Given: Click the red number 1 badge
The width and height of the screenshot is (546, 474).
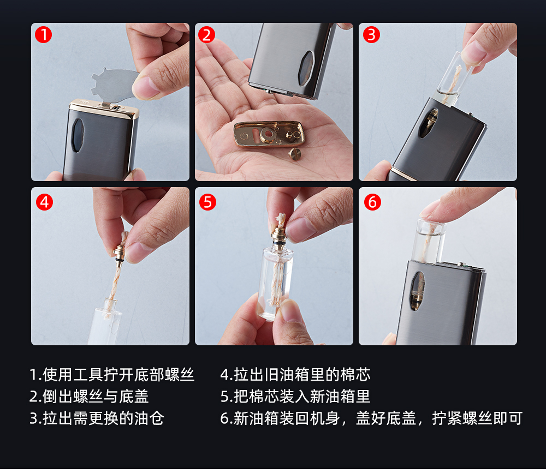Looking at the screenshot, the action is click(44, 35).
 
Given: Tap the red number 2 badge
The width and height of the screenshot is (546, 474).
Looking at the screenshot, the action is click(207, 35).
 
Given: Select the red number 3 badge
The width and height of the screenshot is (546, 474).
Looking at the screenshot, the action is click(371, 35).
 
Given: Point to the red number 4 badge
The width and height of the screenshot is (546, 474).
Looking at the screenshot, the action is click(45, 202).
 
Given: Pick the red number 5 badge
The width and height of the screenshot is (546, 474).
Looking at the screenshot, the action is click(208, 202).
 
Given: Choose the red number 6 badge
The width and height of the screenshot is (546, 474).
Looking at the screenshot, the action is click(372, 202).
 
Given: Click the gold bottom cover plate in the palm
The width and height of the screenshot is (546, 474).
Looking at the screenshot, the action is click(269, 134).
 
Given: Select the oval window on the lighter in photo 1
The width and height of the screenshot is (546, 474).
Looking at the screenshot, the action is click(78, 136).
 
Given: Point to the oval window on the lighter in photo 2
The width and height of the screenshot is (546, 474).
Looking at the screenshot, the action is click(306, 68).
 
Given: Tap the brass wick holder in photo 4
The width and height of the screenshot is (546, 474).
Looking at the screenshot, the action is click(119, 254).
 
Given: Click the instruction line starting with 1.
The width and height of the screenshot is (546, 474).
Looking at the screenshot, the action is click(112, 375).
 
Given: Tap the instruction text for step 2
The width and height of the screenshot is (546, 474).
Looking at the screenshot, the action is click(89, 397).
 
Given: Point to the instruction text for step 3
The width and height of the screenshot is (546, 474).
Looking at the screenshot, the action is click(97, 418).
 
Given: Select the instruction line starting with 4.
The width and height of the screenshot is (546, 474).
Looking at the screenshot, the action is click(295, 375).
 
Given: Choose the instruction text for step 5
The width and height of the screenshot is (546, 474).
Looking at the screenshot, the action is click(295, 397).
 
